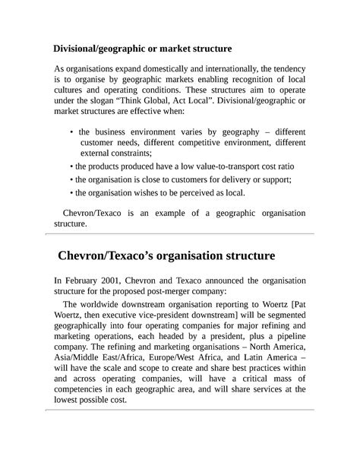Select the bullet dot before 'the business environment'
pos(71,132)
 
